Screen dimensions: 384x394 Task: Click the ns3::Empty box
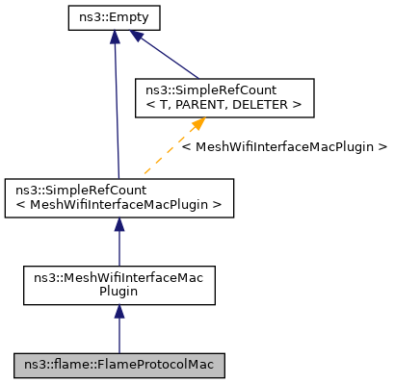click(x=114, y=17)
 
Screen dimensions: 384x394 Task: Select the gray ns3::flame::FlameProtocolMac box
click(x=118, y=365)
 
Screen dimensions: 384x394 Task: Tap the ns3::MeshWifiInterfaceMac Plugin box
click(x=118, y=285)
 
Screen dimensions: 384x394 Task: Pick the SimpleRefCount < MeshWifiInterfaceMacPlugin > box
click(x=118, y=197)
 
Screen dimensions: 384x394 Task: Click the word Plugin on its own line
click(x=119, y=292)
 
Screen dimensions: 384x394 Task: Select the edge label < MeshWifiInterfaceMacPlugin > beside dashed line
click(x=283, y=147)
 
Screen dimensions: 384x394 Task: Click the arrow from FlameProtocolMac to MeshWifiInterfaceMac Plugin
click(x=118, y=333)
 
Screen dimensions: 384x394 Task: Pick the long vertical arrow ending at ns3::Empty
click(x=116, y=106)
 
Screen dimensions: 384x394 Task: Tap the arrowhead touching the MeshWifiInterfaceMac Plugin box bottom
click(x=118, y=313)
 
